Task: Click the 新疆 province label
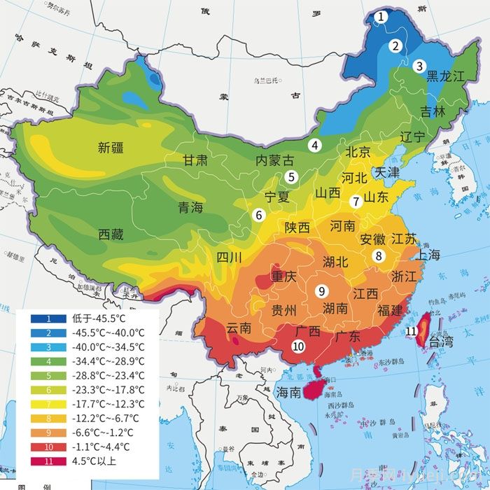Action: (111, 148)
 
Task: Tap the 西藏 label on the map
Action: (111, 234)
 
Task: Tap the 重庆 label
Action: (284, 276)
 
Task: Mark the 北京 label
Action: (358, 152)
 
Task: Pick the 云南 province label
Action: (239, 328)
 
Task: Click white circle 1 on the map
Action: (380, 16)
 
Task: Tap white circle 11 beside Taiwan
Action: (412, 331)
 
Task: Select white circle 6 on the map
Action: (259, 215)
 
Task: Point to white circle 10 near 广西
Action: (298, 345)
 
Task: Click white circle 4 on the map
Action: (316, 146)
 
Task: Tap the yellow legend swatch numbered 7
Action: (49, 404)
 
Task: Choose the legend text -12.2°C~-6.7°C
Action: (108, 418)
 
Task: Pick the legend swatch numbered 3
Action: (49, 347)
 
